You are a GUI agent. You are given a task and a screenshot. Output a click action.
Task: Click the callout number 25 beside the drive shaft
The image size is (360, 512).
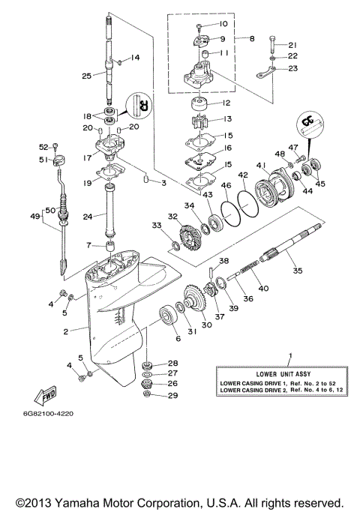[86, 76]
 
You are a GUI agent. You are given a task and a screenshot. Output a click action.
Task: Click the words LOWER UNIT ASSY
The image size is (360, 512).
[289, 373]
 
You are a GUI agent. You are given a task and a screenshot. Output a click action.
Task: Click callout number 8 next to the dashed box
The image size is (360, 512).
[252, 37]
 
